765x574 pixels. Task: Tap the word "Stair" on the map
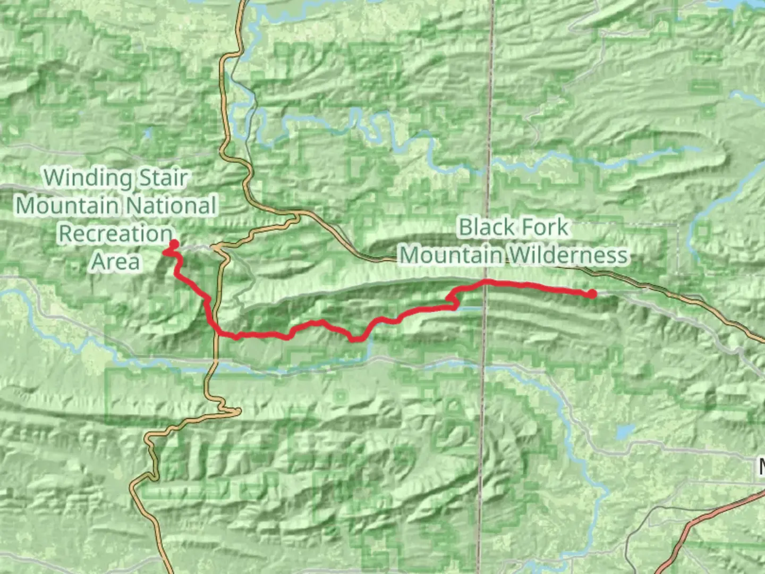pyautogui.click(x=163, y=178)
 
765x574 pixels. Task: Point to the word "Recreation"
pyautogui.click(x=115, y=233)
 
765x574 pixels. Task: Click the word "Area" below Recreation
pyautogui.click(x=115, y=261)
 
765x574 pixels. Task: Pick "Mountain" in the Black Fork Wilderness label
pyautogui.click(x=450, y=255)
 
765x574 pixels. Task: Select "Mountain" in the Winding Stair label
pyautogui.click(x=67, y=206)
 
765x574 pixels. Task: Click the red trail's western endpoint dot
pyautogui.click(x=174, y=244)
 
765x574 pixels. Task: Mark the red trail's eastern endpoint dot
pyautogui.click(x=592, y=293)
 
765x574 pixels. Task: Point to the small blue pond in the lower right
pyautogui.click(x=625, y=431)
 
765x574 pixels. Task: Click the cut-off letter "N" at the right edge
pyautogui.click(x=761, y=467)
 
